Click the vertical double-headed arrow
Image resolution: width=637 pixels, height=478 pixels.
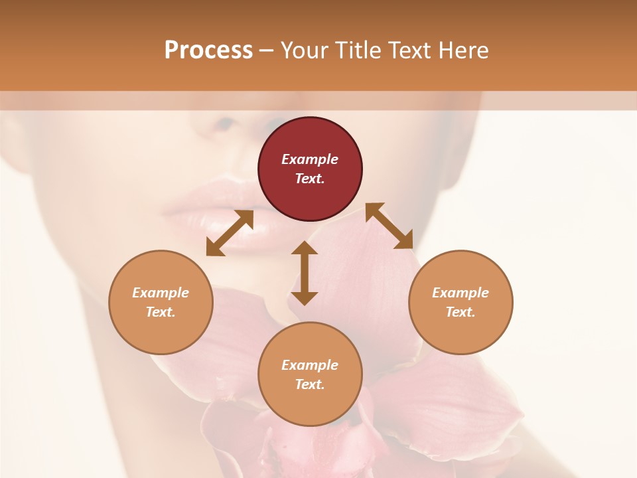click(305, 273)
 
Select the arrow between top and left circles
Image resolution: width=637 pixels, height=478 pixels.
click(230, 232)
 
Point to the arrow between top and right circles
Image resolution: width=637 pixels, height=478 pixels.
click(389, 226)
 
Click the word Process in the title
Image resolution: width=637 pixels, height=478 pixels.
click(208, 50)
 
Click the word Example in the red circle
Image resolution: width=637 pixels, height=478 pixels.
click(310, 159)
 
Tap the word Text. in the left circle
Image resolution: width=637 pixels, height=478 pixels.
click(161, 312)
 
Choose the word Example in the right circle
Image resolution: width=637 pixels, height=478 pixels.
click(460, 293)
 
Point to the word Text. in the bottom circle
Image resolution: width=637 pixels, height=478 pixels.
click(310, 384)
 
